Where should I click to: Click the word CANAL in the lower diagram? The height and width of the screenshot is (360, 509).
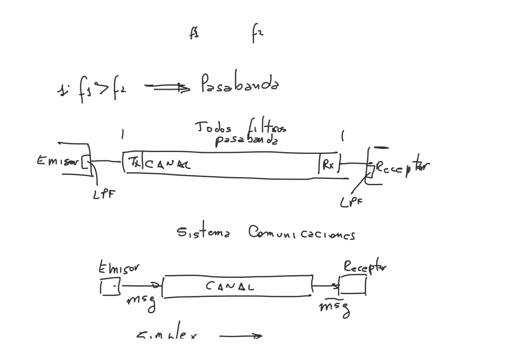pyautogui.click(x=230, y=286)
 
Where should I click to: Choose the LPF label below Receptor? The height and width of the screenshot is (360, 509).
pyautogui.click(x=351, y=202)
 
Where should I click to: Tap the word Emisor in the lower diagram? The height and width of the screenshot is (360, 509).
pyautogui.click(x=119, y=268)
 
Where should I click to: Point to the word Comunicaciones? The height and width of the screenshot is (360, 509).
pyautogui.click(x=301, y=233)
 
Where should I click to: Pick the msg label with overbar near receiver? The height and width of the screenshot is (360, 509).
pyautogui.click(x=334, y=307)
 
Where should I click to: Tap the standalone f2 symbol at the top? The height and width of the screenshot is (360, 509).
pyautogui.click(x=257, y=33)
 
